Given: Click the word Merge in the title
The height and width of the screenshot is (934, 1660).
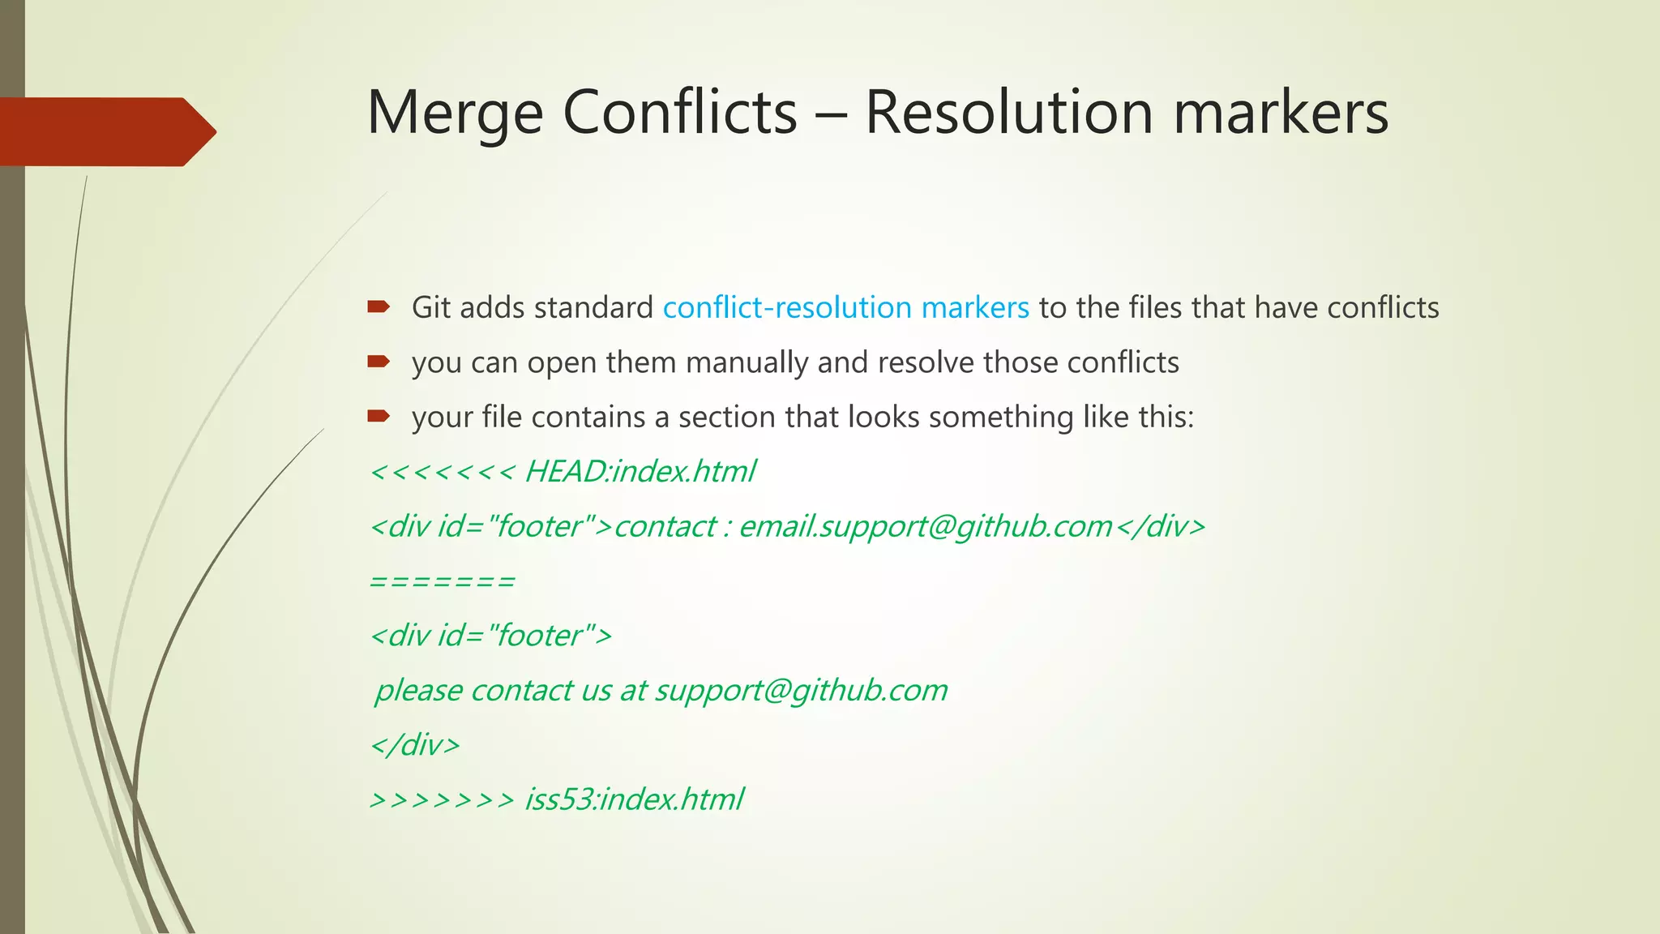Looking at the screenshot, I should [x=455, y=114].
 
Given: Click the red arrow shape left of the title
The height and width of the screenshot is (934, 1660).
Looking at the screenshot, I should [x=105, y=131].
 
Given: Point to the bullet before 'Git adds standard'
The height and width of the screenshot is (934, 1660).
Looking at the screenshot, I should [x=379, y=306].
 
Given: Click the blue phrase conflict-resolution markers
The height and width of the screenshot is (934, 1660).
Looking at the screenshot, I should [x=845, y=308].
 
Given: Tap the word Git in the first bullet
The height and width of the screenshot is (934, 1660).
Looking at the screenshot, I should [x=430, y=308].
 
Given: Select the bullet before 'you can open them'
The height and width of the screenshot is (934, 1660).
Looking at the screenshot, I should [x=379, y=362].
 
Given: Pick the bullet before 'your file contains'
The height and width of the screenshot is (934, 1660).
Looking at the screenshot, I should [x=379, y=416].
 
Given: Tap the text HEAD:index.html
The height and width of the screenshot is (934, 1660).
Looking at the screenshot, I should [x=640, y=472].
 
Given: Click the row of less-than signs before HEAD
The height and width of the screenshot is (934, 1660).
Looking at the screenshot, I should [x=442, y=472].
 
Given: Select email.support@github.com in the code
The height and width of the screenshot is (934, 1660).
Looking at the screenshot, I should [x=925, y=527].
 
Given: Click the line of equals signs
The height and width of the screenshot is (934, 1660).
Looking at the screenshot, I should [x=442, y=581].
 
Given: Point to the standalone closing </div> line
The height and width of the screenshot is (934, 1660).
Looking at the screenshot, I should [x=415, y=745].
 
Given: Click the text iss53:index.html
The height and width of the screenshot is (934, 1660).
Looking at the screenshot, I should [x=633, y=799].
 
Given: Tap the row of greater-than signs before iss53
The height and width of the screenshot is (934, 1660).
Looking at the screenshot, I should [x=442, y=800].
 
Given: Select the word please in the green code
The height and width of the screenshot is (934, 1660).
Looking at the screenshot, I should [x=417, y=691].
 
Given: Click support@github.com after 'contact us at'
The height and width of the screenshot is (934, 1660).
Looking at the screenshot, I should [x=801, y=691].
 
